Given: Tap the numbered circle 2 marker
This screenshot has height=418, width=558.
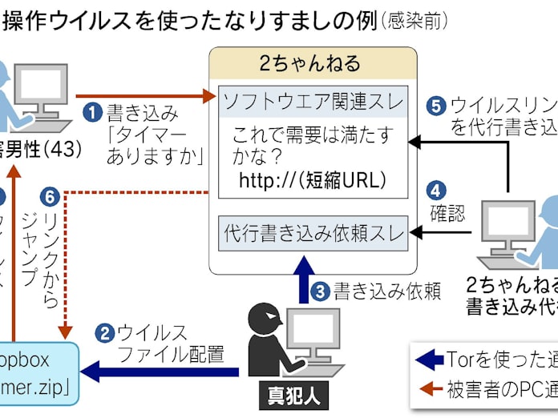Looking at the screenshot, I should pos(104,332).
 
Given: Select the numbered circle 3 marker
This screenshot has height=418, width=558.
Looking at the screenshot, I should pos(321,291).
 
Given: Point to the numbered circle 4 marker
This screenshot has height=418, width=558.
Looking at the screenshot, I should pos(435,191).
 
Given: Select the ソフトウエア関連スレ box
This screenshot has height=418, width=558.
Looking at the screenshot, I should pos(313,102).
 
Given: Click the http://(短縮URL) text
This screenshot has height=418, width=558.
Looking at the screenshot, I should pos(313,181).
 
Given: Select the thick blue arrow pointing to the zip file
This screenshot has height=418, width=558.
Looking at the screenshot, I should pos(160,371).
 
